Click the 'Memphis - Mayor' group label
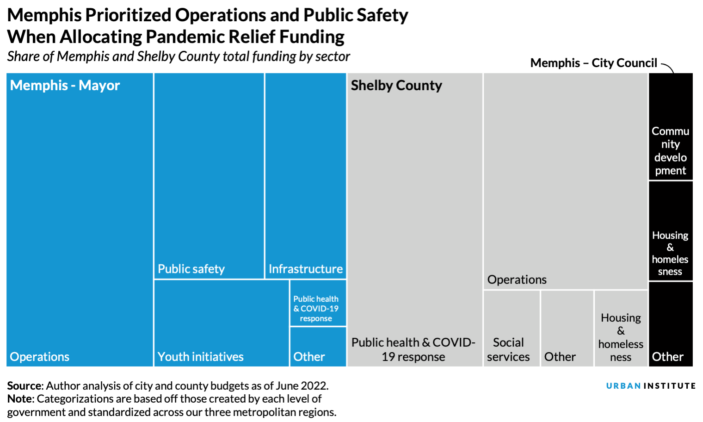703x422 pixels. (65, 86)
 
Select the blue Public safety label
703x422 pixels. (191, 269)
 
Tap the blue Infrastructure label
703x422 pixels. (306, 269)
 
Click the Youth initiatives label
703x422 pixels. (200, 357)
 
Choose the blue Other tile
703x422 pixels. (318, 347)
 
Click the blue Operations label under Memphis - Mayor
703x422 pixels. (39, 357)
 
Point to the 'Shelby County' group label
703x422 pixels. (396, 86)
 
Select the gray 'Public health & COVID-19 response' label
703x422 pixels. (413, 349)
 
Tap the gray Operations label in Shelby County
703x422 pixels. (517, 279)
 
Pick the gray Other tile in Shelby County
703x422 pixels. (567, 329)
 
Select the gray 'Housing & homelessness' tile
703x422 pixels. (621, 329)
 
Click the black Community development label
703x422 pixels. (670, 151)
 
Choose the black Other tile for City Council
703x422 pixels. (670, 324)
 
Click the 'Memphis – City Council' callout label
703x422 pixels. (593, 63)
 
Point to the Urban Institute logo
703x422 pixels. (651, 386)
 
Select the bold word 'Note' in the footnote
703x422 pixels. (20, 399)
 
